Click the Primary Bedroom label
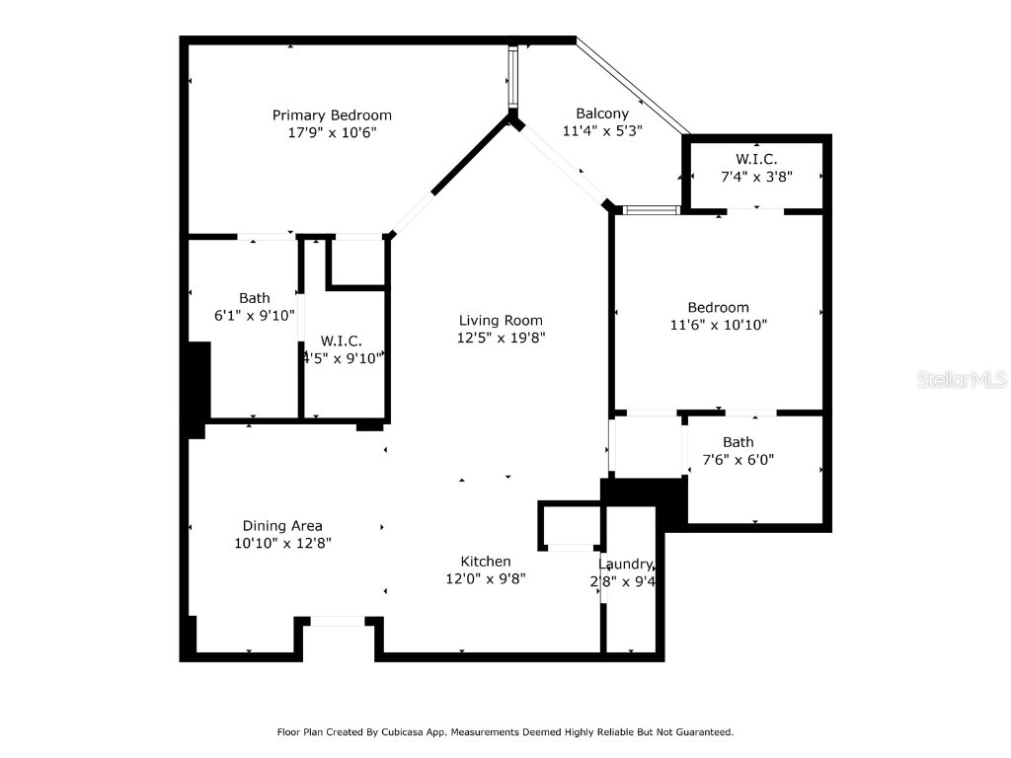(x=332, y=115)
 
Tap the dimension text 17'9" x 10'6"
(x=332, y=131)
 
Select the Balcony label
(x=602, y=114)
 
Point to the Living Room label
(x=501, y=320)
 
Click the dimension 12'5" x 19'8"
(x=501, y=337)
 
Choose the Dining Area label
(x=282, y=526)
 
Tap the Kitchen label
(x=485, y=562)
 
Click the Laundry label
(x=625, y=565)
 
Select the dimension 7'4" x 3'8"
(x=756, y=176)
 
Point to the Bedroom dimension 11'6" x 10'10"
(x=718, y=324)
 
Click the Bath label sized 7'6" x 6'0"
(x=738, y=442)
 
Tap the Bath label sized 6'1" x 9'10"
(x=254, y=298)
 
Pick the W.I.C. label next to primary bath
(x=342, y=341)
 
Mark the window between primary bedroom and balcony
(x=513, y=77)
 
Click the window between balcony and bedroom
(x=651, y=209)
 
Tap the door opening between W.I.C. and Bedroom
(x=756, y=209)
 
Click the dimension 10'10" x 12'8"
(x=282, y=543)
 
